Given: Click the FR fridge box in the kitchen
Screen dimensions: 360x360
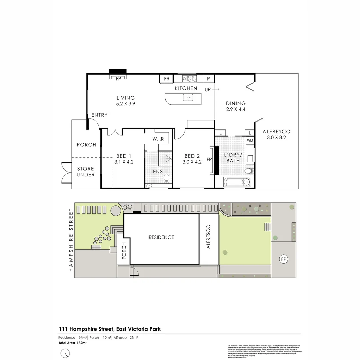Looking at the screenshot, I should [x=167, y=79].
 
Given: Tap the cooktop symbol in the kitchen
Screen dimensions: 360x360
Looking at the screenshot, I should [x=189, y=79].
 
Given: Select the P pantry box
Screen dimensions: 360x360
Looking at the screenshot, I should [x=209, y=79].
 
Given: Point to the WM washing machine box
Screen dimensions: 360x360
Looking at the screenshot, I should [x=250, y=141].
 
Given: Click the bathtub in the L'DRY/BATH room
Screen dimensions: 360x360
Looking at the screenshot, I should [x=235, y=182].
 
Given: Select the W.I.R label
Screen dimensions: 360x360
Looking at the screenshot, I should [x=158, y=139].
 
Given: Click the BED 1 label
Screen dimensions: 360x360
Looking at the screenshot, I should [x=124, y=156].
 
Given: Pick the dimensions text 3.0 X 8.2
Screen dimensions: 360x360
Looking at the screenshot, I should [x=276, y=137].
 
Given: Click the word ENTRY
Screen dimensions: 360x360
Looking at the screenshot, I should [x=99, y=115].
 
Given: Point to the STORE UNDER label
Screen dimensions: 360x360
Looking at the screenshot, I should [x=86, y=172].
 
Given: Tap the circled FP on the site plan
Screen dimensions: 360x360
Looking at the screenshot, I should [x=284, y=259].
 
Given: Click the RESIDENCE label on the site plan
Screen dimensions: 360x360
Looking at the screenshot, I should [x=161, y=237].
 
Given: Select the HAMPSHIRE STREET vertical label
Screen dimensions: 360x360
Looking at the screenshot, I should [x=71, y=240].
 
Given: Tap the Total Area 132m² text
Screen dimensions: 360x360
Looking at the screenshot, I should [x=73, y=343].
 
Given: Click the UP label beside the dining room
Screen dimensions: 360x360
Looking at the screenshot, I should [x=208, y=89].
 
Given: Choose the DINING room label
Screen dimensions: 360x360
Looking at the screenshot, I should [x=236, y=103].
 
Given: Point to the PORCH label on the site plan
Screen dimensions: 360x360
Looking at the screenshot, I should [x=124, y=251].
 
